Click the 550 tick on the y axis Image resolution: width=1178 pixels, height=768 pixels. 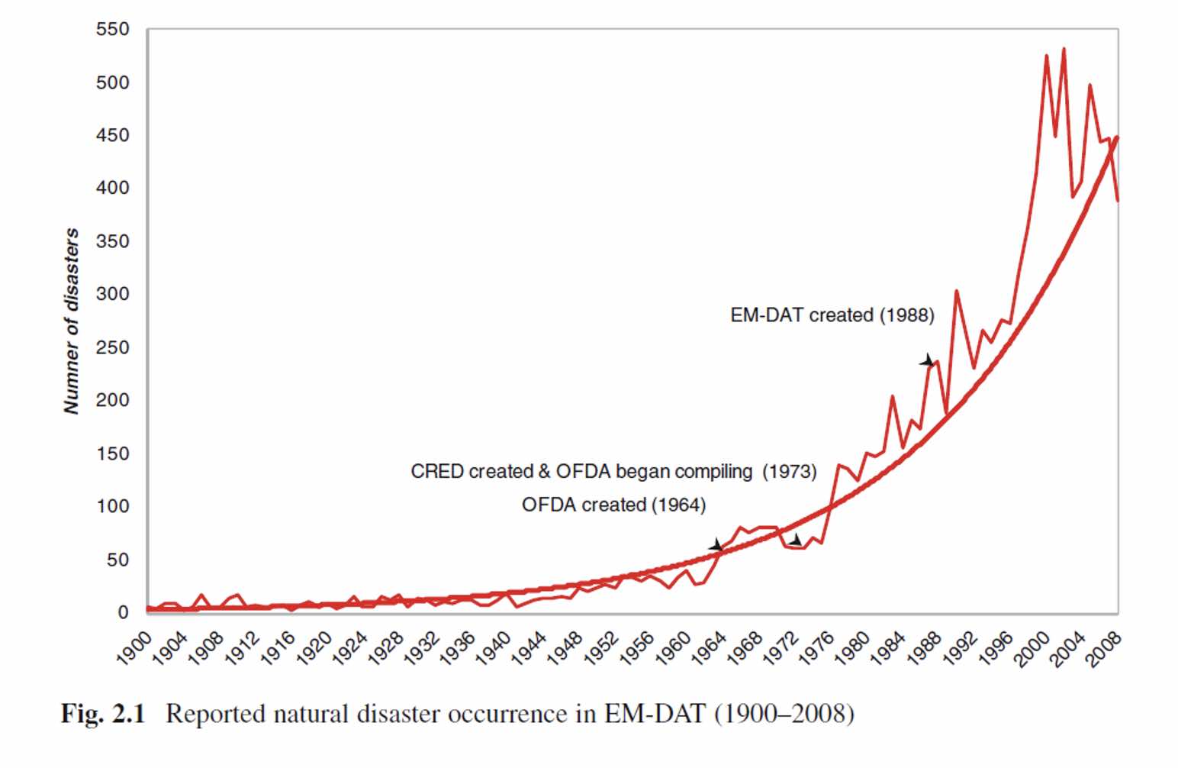pyautogui.click(x=112, y=30)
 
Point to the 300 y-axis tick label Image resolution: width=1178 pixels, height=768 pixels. pyautogui.click(x=112, y=294)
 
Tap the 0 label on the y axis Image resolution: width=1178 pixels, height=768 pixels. pyautogui.click(x=123, y=612)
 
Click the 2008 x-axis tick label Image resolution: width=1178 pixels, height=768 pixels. pyautogui.click(x=1103, y=650)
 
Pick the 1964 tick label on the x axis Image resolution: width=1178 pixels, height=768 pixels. pyautogui.click(x=709, y=650)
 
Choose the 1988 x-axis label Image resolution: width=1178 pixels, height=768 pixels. pyautogui.click(x=924, y=650)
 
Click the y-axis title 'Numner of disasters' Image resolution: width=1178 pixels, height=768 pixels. pyautogui.click(x=71, y=321)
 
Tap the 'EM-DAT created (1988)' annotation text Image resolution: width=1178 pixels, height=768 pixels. pyautogui.click(x=832, y=315)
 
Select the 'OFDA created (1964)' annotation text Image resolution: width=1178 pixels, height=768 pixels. pyautogui.click(x=613, y=505)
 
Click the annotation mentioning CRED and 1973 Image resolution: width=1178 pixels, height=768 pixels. pyautogui.click(x=613, y=471)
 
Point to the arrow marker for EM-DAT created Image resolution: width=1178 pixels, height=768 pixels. pyautogui.click(x=927, y=360)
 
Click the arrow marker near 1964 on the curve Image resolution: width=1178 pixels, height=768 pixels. pyautogui.click(x=716, y=545)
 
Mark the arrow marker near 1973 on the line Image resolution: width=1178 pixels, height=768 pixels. pyautogui.click(x=795, y=541)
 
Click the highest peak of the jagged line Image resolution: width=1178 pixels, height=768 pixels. pyautogui.click(x=1064, y=50)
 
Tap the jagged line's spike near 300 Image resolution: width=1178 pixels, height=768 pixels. pyautogui.click(x=956, y=291)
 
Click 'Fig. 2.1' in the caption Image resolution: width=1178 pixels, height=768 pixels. pyautogui.click(x=103, y=714)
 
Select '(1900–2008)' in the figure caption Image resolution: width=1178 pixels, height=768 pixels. pyautogui.click(x=784, y=714)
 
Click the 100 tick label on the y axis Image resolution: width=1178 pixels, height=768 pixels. pyautogui.click(x=112, y=506)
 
